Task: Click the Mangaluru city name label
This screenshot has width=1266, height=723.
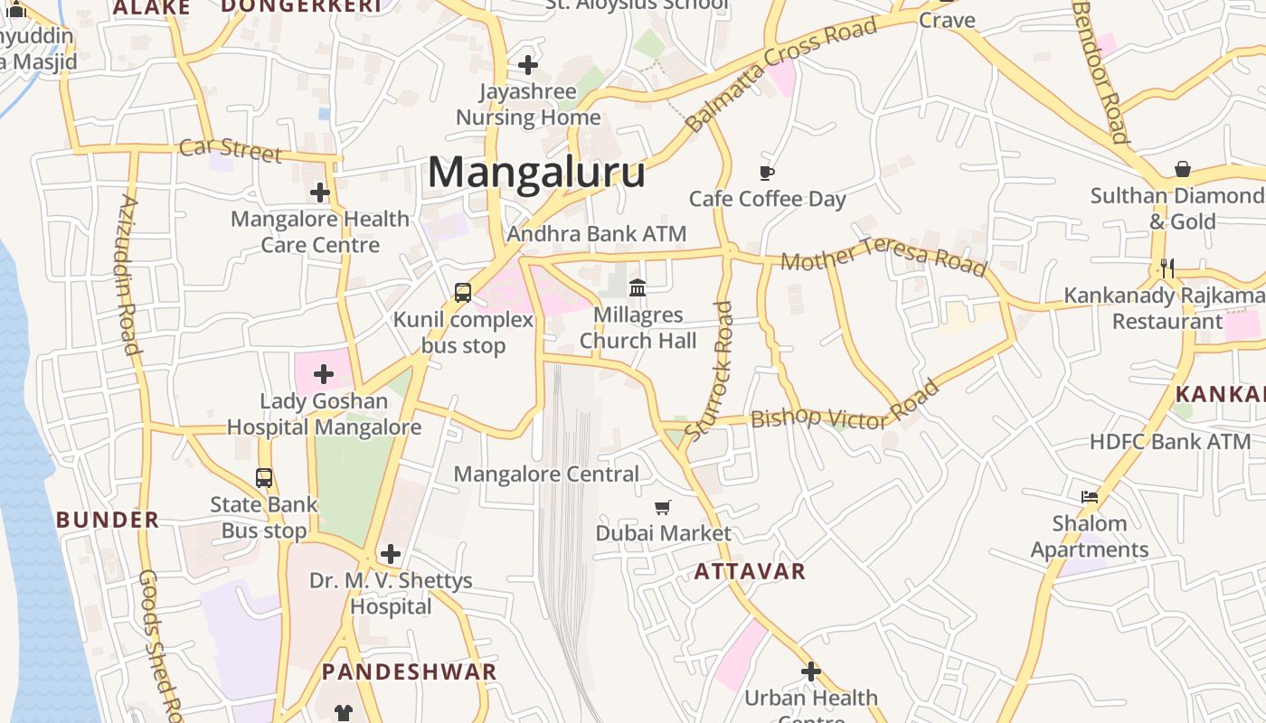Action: click(536, 172)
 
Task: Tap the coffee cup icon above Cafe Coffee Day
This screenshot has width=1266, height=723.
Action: click(767, 173)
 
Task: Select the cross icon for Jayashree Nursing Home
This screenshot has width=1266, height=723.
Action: click(528, 65)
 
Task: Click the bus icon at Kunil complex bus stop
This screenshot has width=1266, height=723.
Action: click(463, 293)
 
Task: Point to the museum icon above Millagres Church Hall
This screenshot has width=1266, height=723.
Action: click(638, 288)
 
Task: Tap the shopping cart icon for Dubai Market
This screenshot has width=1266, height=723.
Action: click(663, 507)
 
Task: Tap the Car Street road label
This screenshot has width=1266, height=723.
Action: click(231, 150)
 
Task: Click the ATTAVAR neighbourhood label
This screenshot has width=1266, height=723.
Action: click(750, 571)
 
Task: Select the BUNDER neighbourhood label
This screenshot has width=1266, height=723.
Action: click(108, 520)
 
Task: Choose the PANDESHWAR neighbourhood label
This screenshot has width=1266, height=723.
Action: click(410, 671)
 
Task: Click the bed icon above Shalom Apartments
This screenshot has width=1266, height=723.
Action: click(1090, 497)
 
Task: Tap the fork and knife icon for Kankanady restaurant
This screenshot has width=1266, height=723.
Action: click(1167, 268)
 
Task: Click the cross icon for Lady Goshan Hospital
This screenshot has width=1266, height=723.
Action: click(323, 374)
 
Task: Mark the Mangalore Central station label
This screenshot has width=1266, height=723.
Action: click(546, 474)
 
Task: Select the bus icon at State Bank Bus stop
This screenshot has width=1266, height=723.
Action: click(264, 478)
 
